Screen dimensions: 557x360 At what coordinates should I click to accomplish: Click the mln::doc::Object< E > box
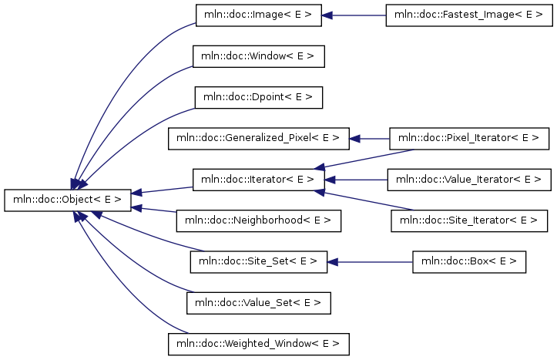[x=68, y=200]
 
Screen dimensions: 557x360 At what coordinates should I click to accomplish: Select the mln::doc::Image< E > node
[x=259, y=15]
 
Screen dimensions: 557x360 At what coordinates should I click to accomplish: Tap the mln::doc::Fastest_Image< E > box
[x=469, y=15]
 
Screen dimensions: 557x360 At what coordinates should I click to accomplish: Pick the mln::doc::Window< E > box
[x=259, y=56]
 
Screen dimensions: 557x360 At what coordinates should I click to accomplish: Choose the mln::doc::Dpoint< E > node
[x=259, y=97]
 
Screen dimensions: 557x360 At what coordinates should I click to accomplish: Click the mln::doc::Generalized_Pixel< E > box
[x=259, y=139]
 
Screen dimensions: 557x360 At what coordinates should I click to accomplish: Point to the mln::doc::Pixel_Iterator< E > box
[x=469, y=139]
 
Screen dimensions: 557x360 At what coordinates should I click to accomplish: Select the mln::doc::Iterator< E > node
[x=259, y=180]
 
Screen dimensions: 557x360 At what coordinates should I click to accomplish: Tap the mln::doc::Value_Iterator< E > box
[x=469, y=180]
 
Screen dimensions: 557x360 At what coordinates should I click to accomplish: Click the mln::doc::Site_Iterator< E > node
[x=469, y=221]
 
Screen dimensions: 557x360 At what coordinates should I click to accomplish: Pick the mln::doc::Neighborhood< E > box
[x=259, y=221]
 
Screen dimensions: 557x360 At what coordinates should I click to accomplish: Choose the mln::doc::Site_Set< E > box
[x=259, y=262]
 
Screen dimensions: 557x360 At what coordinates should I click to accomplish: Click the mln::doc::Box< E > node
[x=469, y=262]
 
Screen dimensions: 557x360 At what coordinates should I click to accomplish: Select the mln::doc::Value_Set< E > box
[x=259, y=303]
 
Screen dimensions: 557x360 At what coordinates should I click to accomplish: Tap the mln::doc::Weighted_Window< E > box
[x=259, y=345]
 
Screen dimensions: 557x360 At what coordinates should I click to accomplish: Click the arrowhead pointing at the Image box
[x=327, y=15]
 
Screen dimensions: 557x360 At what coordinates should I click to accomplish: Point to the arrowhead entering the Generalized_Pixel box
[x=354, y=139]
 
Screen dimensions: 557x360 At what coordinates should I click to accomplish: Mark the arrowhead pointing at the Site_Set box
[x=333, y=262]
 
